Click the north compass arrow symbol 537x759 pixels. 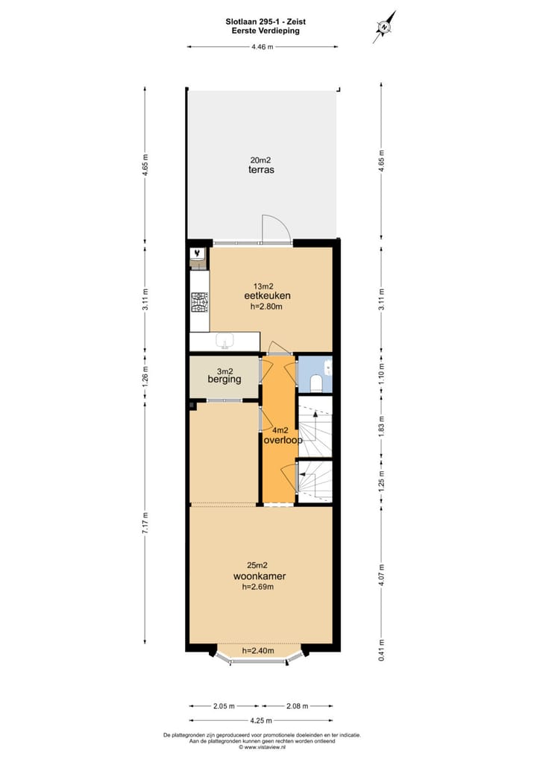(385, 27)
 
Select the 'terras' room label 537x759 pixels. (261, 170)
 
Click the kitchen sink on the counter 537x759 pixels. (224, 341)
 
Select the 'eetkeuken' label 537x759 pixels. (266, 296)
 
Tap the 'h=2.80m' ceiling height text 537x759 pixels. (266, 306)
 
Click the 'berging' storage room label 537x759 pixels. (224, 379)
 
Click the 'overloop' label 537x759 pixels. (283, 440)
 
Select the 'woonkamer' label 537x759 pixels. (260, 576)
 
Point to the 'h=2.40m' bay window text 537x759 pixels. (258, 649)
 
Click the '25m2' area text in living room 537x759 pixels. (260, 564)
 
